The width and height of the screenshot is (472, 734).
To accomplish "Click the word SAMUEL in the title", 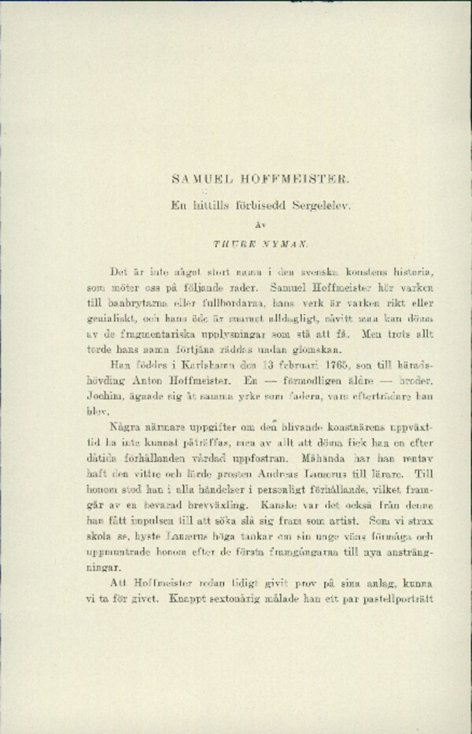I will point(201,180).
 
